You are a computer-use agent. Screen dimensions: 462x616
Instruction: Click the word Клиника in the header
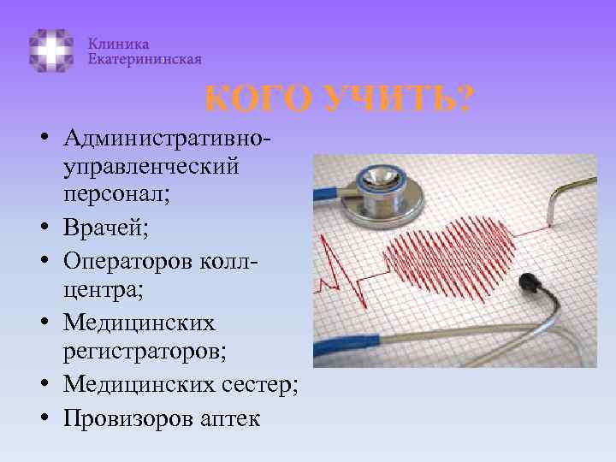pos(118,44)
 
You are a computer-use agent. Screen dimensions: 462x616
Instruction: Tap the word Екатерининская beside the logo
pos(145,59)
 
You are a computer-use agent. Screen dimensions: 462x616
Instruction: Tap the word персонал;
pos(115,192)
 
